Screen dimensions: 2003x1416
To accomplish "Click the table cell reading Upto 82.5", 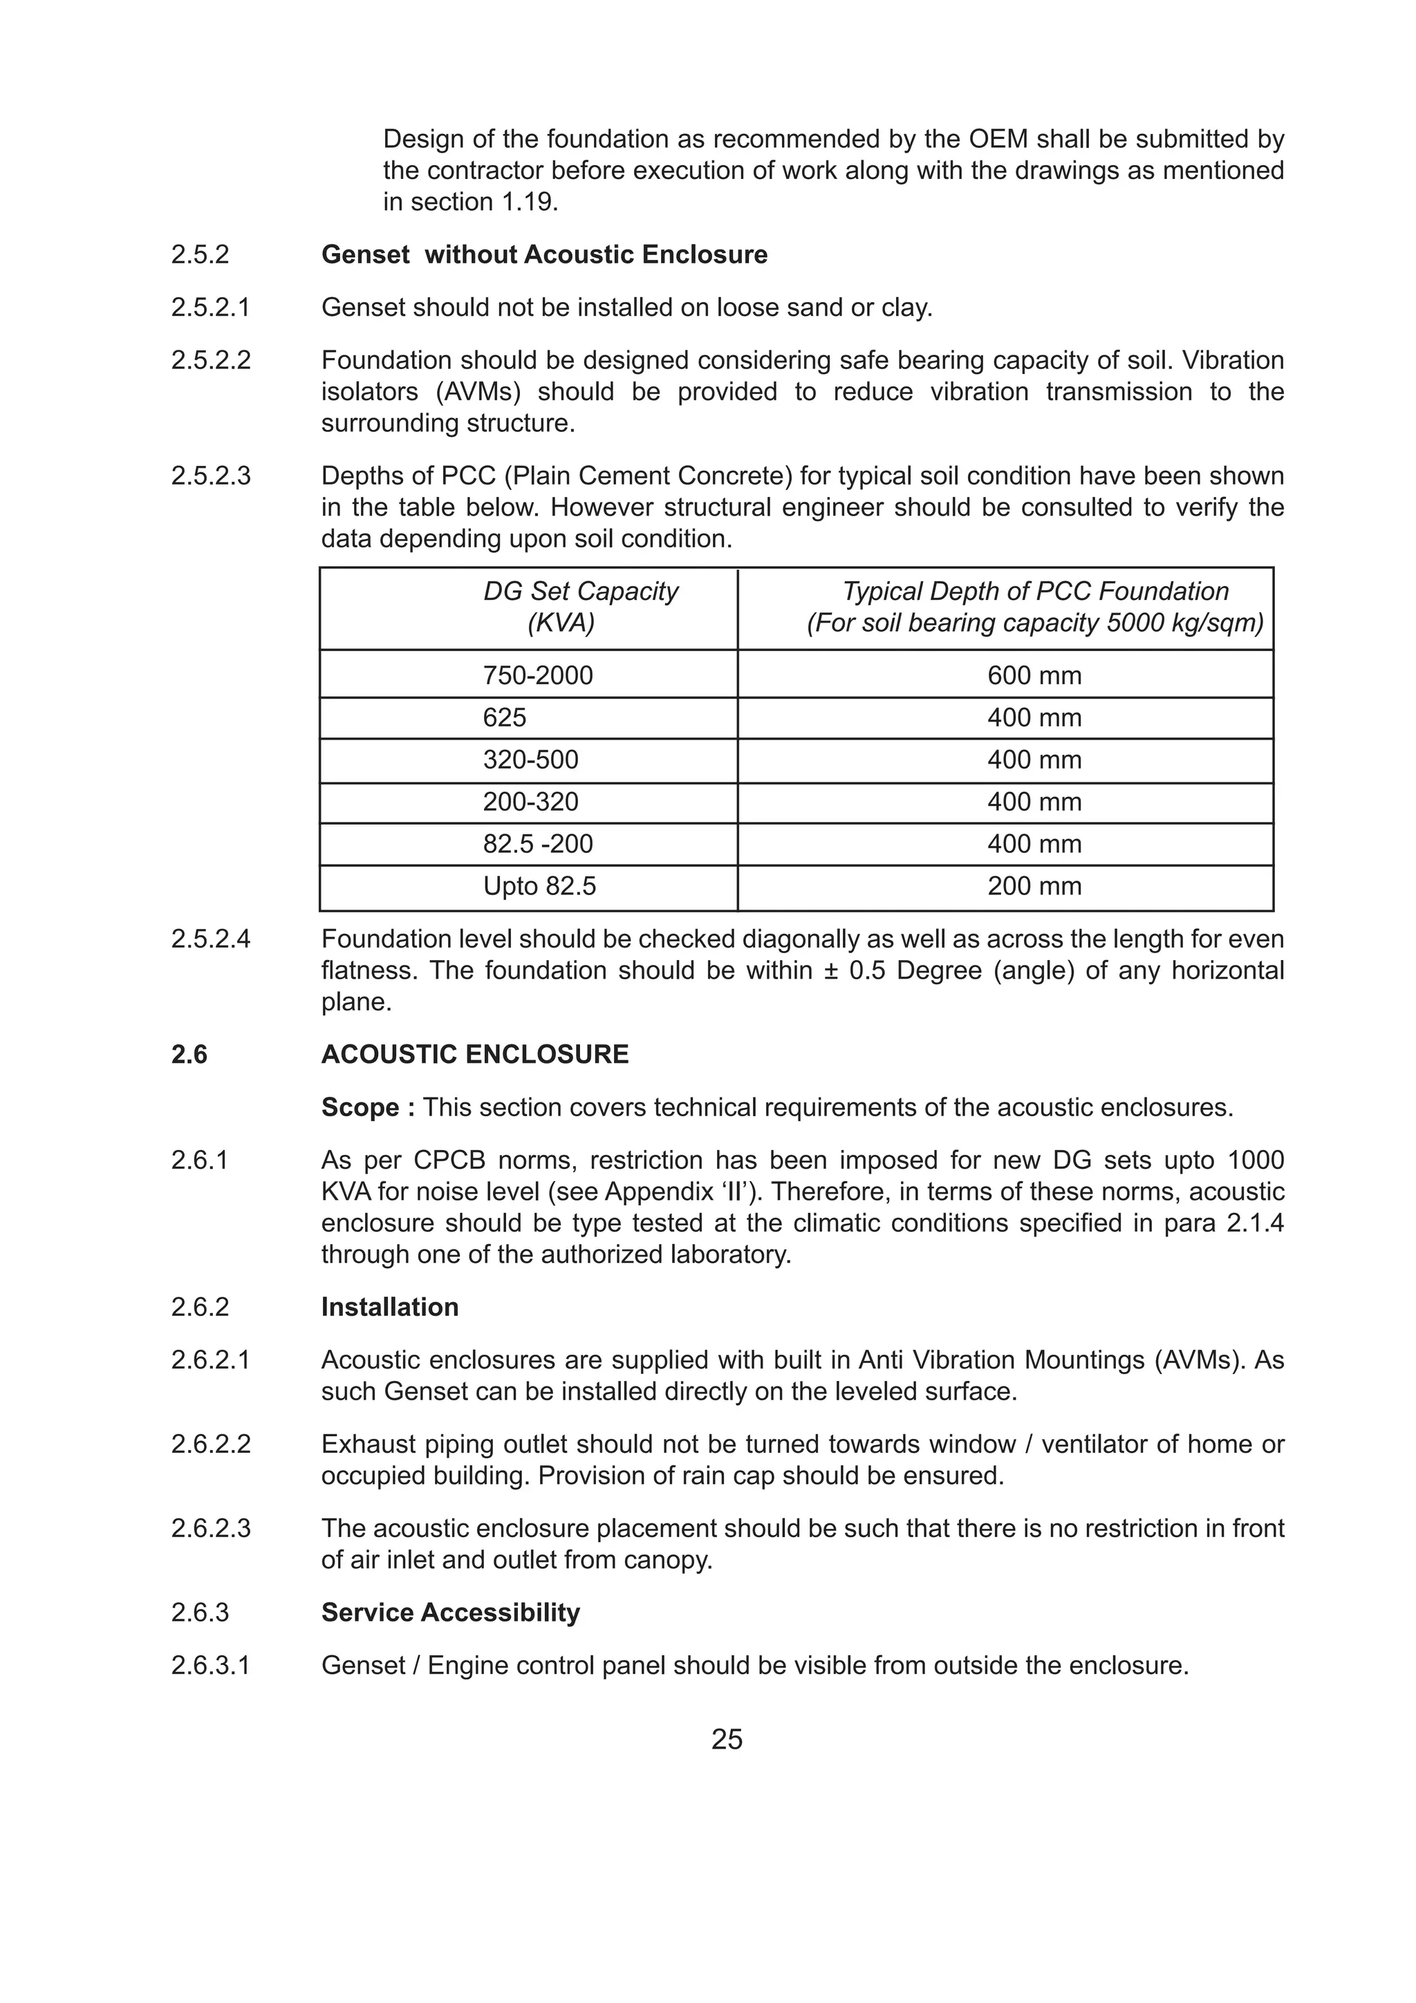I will tap(539, 886).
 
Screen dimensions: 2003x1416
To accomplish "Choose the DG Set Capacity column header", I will tap(580, 592).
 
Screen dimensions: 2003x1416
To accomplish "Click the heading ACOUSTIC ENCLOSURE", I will tap(474, 1054).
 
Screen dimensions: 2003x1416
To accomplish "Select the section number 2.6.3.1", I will tap(210, 1666).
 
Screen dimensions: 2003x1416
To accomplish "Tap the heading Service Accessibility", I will tap(450, 1612).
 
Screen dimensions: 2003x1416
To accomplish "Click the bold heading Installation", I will tap(389, 1307).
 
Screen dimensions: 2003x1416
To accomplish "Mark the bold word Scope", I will tap(360, 1107).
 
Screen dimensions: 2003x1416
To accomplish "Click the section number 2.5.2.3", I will tap(210, 476).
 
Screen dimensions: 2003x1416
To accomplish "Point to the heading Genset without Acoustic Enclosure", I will tap(544, 255).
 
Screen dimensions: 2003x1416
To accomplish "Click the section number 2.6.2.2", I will tap(210, 1444).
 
